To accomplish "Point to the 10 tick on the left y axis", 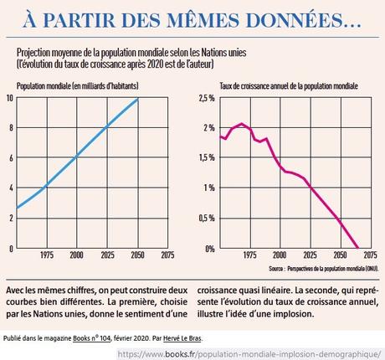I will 9,98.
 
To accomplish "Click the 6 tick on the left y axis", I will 10,158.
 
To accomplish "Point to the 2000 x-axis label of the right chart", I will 280,255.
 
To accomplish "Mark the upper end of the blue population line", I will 138,100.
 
